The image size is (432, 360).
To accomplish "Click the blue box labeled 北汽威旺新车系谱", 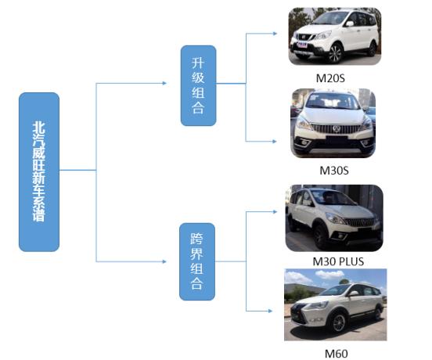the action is coord(39,172).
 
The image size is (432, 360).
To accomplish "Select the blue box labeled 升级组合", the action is coord(198,85).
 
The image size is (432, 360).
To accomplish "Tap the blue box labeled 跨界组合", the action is coord(197,261).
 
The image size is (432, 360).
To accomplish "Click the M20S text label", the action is coord(330,78).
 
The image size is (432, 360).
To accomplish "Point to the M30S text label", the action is coord(334,171).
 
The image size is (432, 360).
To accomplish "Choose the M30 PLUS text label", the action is coord(338,261).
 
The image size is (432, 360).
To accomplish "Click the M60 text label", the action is coord(336,354).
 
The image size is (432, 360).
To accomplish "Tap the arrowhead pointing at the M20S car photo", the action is coord(275,34).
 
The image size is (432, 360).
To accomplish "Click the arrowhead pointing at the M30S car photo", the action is coord(275,142).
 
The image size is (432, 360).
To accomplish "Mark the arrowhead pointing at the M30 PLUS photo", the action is coord(275,211).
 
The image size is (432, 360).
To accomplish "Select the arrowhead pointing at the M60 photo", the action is coord(270,311).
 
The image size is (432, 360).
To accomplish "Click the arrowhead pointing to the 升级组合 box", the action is coord(164,83).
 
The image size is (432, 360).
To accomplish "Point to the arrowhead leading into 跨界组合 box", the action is coord(164,261).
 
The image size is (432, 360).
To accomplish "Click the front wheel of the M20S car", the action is coord(335,53).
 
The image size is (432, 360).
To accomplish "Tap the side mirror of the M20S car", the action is coord(350,23).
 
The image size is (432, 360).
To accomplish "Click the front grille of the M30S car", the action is coord(336,129).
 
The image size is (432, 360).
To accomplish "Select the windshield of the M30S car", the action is coord(333,100).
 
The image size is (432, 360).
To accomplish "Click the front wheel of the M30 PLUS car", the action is coord(320,236).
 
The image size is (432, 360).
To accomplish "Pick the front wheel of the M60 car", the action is coord(339,322).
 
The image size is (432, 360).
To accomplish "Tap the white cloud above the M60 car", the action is coord(329,274).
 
